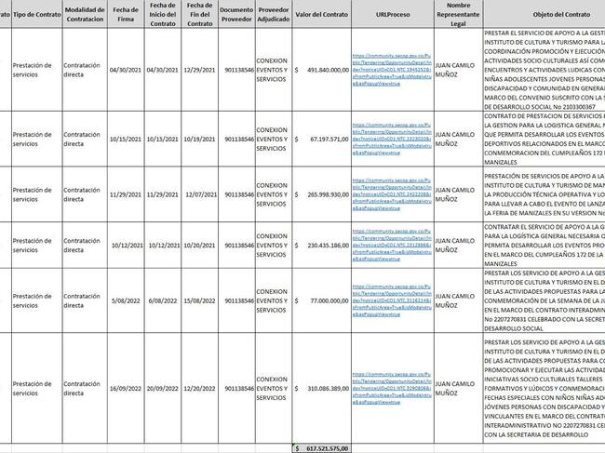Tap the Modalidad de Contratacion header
pyautogui.click(x=84, y=16)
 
